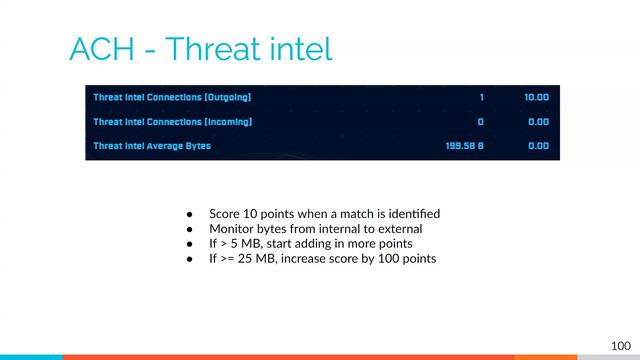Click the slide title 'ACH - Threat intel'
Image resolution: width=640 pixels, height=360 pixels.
pos(200,49)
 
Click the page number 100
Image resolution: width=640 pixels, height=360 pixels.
pos(621,345)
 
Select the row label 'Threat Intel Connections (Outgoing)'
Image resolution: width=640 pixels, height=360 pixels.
pos(172,98)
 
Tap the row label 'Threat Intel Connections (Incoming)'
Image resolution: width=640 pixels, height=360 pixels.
pos(172,122)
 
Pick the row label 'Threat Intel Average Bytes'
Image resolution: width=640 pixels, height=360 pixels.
pos(152,146)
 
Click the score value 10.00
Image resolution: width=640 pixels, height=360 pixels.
pos(536,98)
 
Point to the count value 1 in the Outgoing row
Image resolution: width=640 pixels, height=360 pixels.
pos(481,98)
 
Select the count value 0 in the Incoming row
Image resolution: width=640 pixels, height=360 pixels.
pos(480,122)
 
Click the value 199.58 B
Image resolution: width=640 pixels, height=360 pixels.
pos(465,146)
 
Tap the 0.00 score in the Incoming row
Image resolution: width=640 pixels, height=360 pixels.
pos(538,122)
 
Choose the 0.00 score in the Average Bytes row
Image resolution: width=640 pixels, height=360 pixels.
pos(538,146)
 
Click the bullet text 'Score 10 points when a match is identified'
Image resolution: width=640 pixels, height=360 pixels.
pos(324,214)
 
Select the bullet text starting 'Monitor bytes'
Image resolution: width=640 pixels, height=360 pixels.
pos(315,228)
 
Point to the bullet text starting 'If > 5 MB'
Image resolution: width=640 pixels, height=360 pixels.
pos(310,243)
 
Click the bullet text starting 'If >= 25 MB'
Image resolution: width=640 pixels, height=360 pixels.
pos(322,258)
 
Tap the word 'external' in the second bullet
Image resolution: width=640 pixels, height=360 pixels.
pos(399,228)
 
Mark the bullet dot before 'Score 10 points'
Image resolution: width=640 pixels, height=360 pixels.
pos(188,214)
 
